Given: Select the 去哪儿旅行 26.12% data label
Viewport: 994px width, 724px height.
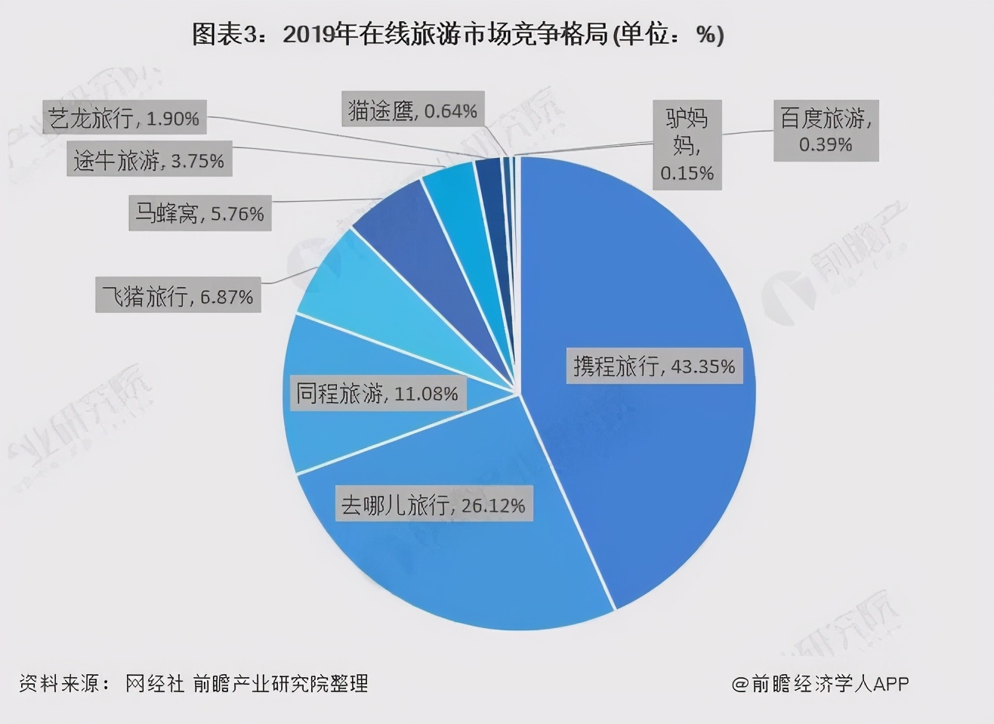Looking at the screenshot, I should click(x=433, y=505).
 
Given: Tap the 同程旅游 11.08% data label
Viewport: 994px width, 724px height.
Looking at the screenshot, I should click(x=377, y=394).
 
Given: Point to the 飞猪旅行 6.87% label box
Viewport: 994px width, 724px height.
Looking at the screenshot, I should click(x=177, y=296).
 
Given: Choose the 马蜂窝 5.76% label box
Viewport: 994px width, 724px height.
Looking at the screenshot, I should click(x=199, y=214).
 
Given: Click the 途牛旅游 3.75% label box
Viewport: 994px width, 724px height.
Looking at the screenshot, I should click(x=149, y=161).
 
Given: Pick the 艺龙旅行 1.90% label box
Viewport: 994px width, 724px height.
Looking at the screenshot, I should click(x=124, y=118).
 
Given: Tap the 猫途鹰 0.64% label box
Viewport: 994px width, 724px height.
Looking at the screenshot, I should click(x=412, y=111).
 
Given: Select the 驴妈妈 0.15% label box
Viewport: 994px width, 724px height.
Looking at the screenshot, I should click(x=687, y=144).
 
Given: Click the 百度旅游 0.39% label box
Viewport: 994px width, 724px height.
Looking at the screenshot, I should click(x=826, y=130).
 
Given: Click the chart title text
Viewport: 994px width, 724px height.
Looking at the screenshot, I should click(x=458, y=35).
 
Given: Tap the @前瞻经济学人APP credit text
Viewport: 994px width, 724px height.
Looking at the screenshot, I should click(x=820, y=683).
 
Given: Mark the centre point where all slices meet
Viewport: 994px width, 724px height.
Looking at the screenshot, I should click(x=520, y=393).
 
